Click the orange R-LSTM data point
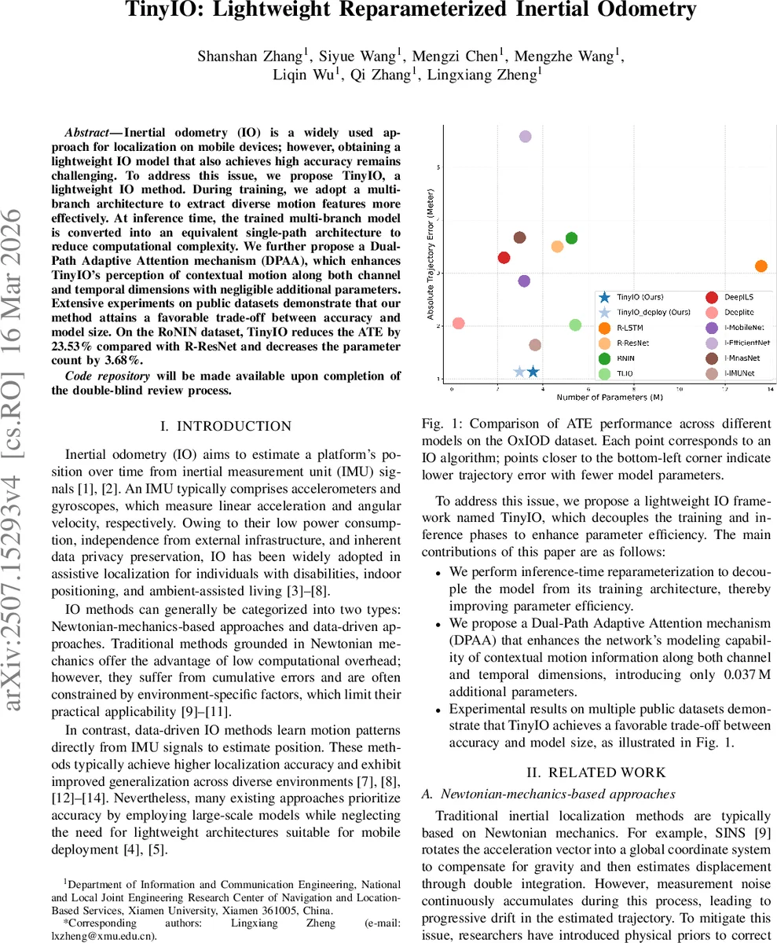click(x=761, y=266)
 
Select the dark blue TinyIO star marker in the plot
click(x=533, y=372)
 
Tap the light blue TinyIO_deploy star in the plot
click(x=519, y=372)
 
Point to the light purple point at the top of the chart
click(x=526, y=137)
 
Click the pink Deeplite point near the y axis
click(x=459, y=324)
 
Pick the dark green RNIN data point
click(x=571, y=238)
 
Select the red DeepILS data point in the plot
click(x=504, y=258)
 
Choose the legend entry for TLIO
click(x=625, y=372)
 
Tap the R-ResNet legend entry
click(x=632, y=343)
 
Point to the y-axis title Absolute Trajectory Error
click(x=431, y=259)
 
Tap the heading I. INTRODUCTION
click(x=225, y=426)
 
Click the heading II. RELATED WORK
click(x=597, y=772)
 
